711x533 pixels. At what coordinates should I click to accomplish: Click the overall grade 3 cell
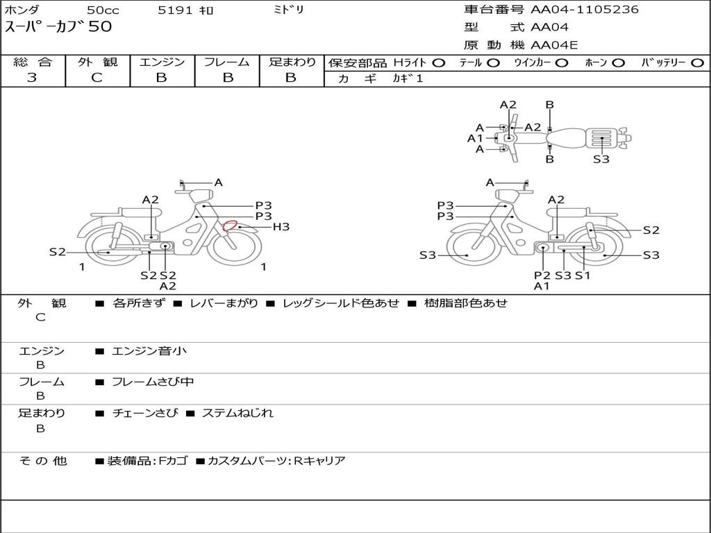click(32, 78)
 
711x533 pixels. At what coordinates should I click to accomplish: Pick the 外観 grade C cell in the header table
click(97, 78)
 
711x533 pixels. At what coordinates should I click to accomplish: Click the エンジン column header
click(162, 62)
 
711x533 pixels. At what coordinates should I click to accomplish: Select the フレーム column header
click(226, 62)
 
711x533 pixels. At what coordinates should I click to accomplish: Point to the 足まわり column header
click(292, 62)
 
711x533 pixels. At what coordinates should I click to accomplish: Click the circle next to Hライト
click(439, 63)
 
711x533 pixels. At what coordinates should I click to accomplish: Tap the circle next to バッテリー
click(697, 63)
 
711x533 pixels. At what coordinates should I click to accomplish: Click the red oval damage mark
click(230, 226)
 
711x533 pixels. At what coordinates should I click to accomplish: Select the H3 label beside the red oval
click(281, 227)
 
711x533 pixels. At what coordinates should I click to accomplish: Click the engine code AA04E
click(554, 46)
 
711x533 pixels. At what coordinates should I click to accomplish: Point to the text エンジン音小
click(149, 351)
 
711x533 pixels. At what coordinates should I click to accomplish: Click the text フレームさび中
click(153, 382)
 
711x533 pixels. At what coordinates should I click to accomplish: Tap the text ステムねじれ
click(237, 413)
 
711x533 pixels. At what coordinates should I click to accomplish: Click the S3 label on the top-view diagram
click(601, 159)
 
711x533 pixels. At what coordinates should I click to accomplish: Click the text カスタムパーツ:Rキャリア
click(276, 461)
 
